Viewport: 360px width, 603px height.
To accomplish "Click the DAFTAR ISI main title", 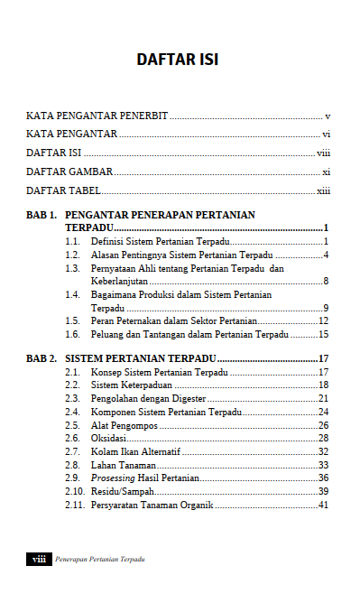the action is tap(178, 60).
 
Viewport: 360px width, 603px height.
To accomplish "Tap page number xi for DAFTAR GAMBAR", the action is tap(327, 172).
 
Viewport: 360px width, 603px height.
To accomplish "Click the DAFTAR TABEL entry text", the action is tap(63, 190).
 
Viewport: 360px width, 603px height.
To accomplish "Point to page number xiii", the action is tap(324, 190).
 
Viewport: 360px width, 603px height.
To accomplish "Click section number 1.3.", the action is tap(73, 269).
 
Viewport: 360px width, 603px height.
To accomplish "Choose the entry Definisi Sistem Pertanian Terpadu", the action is tap(160, 242).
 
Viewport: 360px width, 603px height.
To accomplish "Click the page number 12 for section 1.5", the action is tap(323, 321).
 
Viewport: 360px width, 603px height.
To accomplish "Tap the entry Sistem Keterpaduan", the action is tap(132, 385).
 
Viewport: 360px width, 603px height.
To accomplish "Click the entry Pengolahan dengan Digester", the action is tap(148, 398).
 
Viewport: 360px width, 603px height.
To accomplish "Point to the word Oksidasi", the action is tap(109, 438).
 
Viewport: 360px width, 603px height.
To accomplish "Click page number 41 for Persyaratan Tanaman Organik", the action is tap(323, 505).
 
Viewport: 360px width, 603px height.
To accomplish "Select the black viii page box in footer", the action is tap(39, 560).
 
